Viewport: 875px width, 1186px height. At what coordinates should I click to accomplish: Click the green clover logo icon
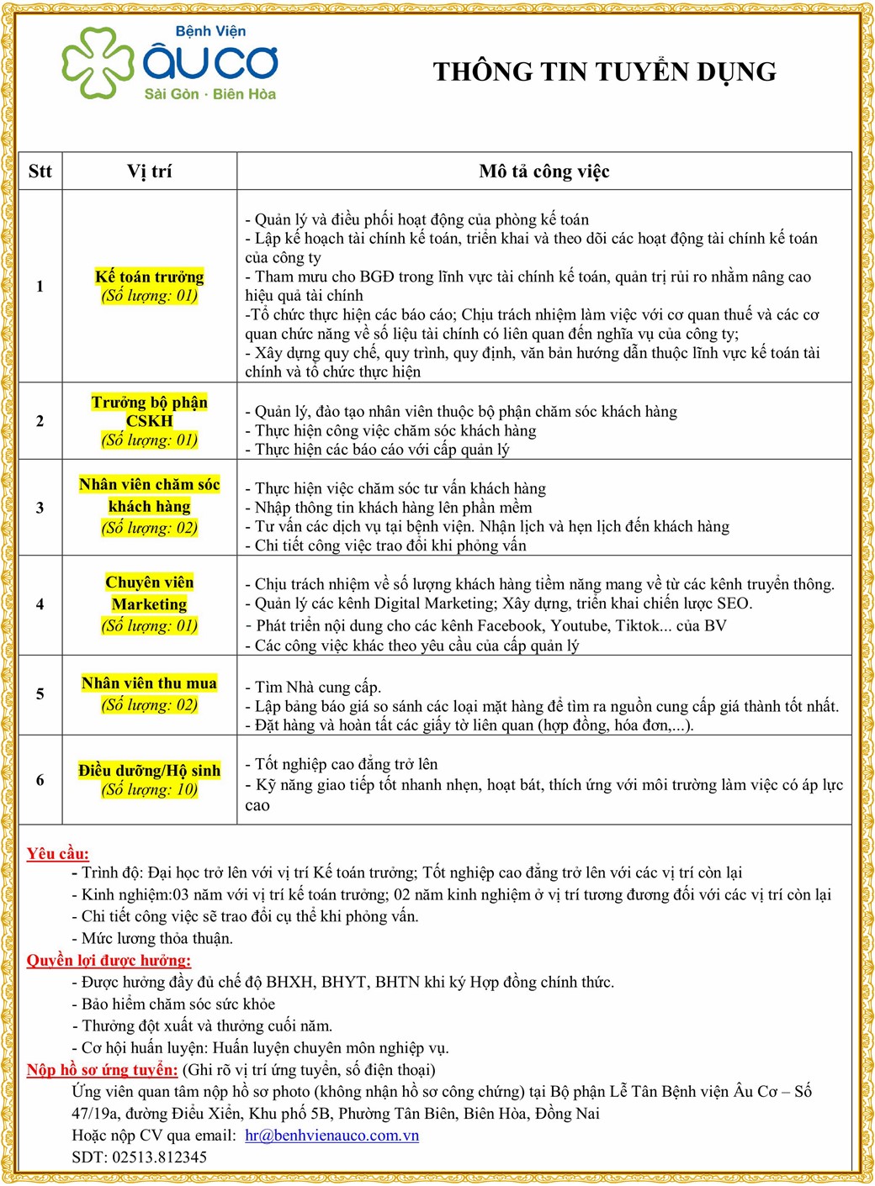tap(97, 63)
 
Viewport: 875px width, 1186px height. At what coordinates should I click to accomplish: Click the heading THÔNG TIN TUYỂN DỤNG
tap(604, 71)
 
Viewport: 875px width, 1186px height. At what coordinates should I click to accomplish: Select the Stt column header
tap(40, 171)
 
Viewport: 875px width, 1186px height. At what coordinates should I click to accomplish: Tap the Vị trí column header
tap(149, 171)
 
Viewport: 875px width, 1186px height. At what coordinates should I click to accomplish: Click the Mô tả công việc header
tap(544, 171)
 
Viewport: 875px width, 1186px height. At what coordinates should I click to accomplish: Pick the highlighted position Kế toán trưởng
tap(149, 277)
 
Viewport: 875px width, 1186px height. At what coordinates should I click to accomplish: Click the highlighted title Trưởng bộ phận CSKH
tap(149, 411)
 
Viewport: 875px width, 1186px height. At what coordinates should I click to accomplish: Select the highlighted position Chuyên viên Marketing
tap(149, 593)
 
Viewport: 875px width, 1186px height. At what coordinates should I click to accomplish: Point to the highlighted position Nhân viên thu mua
tap(149, 683)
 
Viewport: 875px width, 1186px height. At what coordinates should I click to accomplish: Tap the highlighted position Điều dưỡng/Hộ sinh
tap(149, 770)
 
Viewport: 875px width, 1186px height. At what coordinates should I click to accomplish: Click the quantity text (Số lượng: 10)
tap(149, 789)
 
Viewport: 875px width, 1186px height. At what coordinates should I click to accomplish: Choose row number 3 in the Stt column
tap(40, 507)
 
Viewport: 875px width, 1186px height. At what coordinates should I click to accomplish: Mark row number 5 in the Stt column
tap(40, 693)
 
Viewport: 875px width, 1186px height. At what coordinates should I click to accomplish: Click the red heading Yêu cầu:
tap(57, 853)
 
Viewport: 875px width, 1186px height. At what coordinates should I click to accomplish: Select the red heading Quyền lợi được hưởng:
tap(109, 960)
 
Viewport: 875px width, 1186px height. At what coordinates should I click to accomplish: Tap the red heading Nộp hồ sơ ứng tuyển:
tap(102, 1069)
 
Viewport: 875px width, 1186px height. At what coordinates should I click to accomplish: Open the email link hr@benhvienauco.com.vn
tap(331, 1135)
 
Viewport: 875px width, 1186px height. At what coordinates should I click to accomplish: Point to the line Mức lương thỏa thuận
tap(156, 938)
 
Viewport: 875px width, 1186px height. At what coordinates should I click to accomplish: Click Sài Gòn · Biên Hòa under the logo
tap(209, 94)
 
